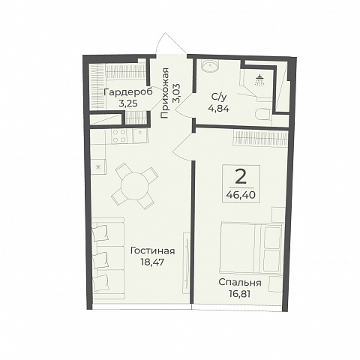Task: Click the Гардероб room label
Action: click(x=127, y=92)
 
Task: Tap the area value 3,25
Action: click(x=127, y=103)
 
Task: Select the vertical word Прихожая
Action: click(x=165, y=93)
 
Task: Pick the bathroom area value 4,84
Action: click(x=218, y=109)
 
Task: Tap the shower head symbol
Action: click(x=260, y=80)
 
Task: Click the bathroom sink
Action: click(x=210, y=66)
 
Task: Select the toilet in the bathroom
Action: click(x=263, y=114)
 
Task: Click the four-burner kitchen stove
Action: click(x=119, y=136)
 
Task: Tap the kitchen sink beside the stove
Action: click(x=140, y=136)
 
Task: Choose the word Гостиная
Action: click(x=152, y=251)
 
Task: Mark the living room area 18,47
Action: click(x=152, y=262)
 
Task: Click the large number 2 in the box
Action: click(x=241, y=177)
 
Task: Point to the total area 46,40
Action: click(x=241, y=195)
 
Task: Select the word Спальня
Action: click(x=240, y=283)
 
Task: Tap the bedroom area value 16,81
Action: click(x=240, y=294)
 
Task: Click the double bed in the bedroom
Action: click(x=251, y=247)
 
